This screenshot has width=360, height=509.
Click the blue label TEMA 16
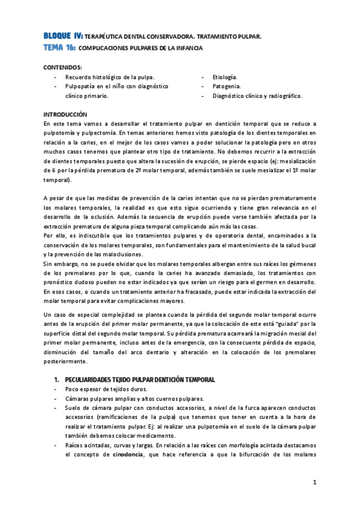coord(59,47)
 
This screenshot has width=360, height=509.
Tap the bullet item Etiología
coord(225,77)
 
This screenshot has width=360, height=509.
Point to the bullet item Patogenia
coord(226,86)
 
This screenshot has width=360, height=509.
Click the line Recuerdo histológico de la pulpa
coord(110,77)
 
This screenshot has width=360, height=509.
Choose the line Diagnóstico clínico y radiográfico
coord(257,95)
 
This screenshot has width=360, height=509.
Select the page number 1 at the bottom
coord(313,482)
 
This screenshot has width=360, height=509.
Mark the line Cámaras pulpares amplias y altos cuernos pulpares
coord(134,399)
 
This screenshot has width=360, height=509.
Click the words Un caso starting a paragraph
coord(56,315)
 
